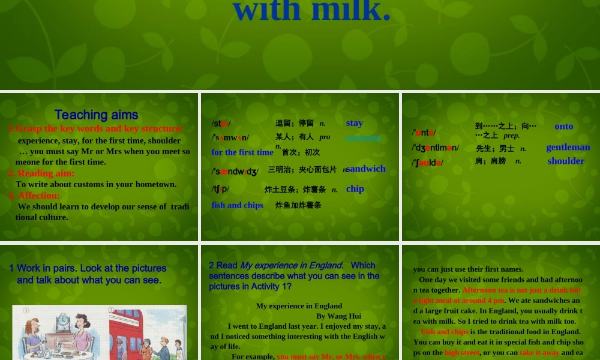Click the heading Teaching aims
96,115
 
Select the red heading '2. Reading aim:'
41,173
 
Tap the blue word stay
354,123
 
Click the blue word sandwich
366,169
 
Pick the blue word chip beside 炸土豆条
355,188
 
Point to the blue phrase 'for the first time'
242,152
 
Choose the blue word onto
563,126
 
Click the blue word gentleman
568,147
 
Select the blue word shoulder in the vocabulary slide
565,161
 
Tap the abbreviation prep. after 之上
511,136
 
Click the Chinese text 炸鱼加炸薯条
298,205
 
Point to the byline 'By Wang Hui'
338,316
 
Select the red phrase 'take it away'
539,353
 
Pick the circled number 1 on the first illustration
26,311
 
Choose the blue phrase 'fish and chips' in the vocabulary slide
237,205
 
